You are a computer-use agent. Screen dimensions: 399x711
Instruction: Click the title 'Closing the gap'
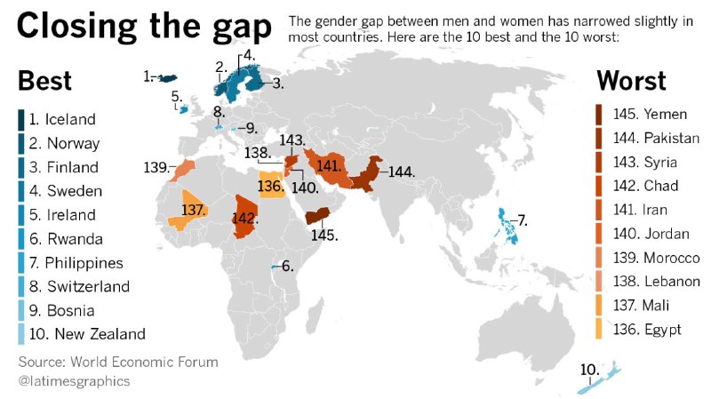143,28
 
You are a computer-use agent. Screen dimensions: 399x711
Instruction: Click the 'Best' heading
44,81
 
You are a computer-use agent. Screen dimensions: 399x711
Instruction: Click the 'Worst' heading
631,81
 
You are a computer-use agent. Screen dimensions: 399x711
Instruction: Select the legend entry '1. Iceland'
61,119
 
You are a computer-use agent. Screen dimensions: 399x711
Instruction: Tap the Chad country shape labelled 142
246,216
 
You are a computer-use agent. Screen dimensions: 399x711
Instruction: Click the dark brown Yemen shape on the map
318,216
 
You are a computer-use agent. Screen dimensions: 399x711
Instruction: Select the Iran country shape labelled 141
331,167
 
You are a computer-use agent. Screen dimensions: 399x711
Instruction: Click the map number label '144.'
402,172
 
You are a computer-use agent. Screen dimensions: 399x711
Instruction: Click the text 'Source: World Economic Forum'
117,363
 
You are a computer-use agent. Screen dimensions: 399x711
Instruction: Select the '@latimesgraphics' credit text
74,381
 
